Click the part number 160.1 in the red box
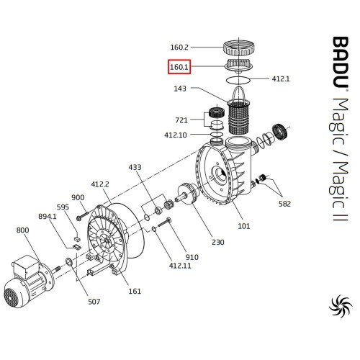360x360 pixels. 179,67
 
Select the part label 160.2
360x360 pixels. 179,48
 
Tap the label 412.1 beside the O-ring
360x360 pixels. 281,78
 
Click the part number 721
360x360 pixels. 181,120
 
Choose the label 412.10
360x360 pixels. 176,135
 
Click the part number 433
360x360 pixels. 135,167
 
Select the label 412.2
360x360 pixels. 100,184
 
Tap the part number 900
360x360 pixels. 78,197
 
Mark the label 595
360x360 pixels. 63,207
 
